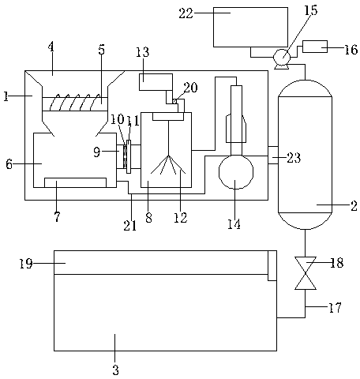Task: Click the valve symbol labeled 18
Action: coord(306,273)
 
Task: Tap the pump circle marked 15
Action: coord(282,57)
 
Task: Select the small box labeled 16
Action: coord(315,47)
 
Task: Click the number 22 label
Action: coord(186,13)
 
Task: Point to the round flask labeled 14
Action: coord(236,171)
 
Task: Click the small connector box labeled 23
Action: coord(273,155)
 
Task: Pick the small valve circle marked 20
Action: coord(174,101)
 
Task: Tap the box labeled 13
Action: coord(156,82)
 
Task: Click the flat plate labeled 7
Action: coord(76,182)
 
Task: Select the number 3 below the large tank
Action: coord(115,370)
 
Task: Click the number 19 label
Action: coord(26,264)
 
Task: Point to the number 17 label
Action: coord(335,307)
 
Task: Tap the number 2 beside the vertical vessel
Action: coord(354,206)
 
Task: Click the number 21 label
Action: coord(130,226)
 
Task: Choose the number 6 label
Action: coord(9,164)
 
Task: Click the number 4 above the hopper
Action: coord(51,47)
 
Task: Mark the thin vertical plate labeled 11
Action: coord(129,156)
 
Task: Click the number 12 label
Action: coord(181,218)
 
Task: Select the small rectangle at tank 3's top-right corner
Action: coord(272,265)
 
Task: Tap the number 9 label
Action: coord(97,152)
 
